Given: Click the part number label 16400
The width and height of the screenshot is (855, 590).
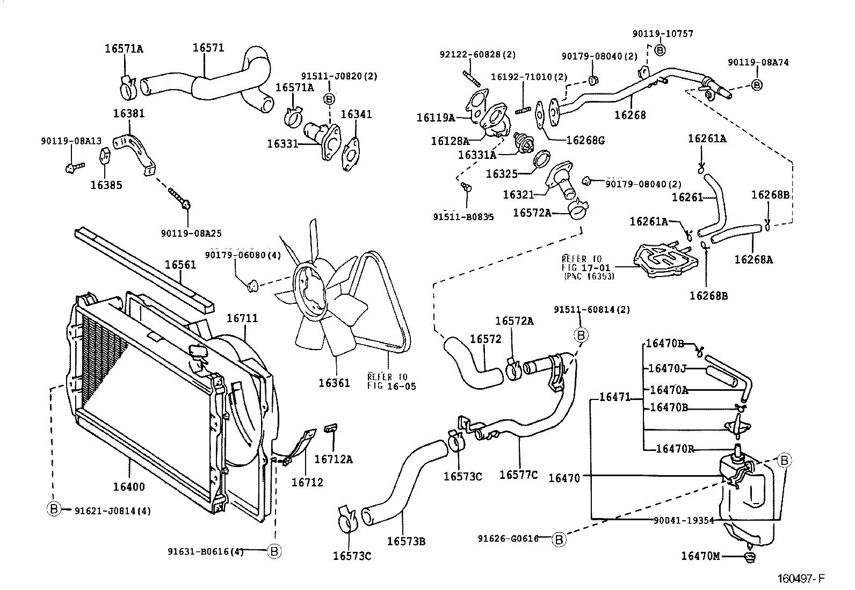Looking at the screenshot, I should point(129,487).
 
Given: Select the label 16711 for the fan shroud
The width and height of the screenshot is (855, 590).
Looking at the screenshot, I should point(242,318).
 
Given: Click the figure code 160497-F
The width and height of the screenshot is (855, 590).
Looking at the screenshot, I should point(801,579).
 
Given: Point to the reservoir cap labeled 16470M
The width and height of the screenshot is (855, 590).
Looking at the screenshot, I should point(750,558).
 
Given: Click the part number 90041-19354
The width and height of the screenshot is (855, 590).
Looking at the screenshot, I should point(684,520).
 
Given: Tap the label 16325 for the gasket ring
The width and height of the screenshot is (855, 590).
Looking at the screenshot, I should point(501,174).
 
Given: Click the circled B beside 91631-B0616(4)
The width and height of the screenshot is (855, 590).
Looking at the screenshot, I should point(274,551).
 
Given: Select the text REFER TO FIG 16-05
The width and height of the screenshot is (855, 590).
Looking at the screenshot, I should point(392,381).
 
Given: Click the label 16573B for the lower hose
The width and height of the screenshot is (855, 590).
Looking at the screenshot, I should point(407,541).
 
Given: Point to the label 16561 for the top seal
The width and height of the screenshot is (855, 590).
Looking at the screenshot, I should point(180,265).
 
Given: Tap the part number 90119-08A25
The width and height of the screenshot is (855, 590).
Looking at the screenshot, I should point(191,234).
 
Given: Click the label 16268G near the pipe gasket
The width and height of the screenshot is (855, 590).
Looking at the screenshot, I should point(586,141).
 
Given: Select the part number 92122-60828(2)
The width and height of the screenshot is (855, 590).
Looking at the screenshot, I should point(477,55).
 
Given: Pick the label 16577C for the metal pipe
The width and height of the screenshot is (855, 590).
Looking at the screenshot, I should point(518,475).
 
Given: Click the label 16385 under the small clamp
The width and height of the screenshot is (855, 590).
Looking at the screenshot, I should point(106,185).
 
